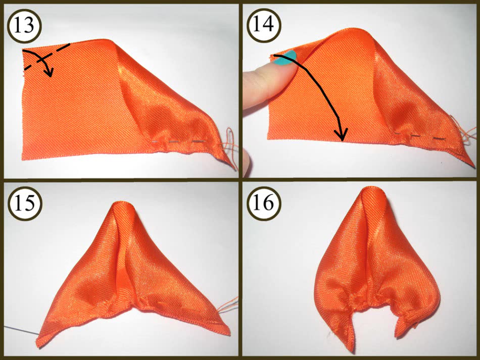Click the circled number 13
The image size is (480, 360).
tap(24, 26)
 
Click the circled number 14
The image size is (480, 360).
tap(264, 25)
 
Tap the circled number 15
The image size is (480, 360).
tap(24, 203)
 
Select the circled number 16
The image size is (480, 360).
tap(264, 203)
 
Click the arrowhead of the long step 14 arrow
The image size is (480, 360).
tap(341, 135)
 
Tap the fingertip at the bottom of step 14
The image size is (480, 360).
tap(246, 163)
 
